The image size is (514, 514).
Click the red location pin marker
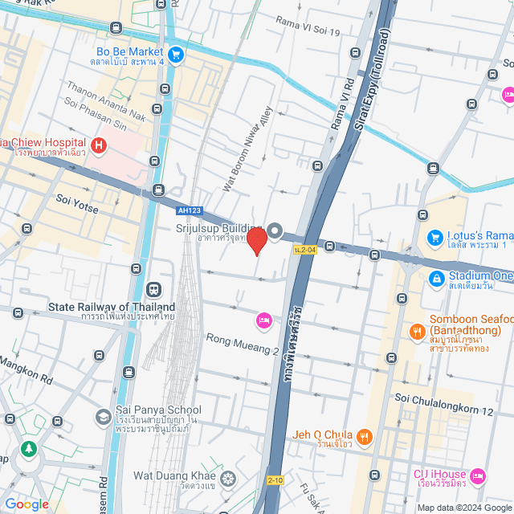coord(256,240)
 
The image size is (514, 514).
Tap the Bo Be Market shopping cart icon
coord(176,55)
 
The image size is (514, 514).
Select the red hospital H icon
coord(98,145)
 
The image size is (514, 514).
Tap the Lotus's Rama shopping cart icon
coord(435,238)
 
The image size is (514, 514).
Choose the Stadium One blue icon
coord(435,279)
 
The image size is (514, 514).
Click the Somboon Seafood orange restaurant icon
coord(417,331)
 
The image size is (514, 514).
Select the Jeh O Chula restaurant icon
coord(365,437)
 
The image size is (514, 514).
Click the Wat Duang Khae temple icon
coord(229,479)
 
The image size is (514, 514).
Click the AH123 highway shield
coord(187,211)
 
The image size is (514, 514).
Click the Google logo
coord(26,504)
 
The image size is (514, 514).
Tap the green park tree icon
coord(30,448)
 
